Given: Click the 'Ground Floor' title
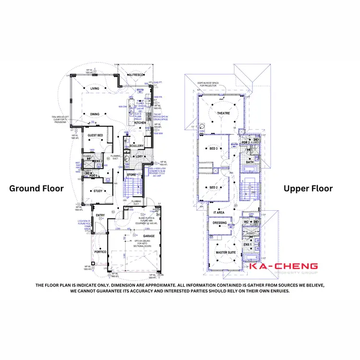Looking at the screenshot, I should click(36, 189).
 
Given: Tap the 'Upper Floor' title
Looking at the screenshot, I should click(308, 189).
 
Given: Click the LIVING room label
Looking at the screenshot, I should click(95, 89).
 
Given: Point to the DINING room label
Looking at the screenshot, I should click(95, 114).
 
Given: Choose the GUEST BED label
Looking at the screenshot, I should click(95, 136).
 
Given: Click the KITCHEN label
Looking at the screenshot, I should click(140, 123).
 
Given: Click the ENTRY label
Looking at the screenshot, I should click(100, 215).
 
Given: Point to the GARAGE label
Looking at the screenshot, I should click(149, 236).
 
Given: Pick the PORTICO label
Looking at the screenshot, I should click(100, 252).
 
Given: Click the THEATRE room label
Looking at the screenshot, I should click(224, 114).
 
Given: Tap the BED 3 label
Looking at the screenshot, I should click(214, 149).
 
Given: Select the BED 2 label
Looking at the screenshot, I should click(214, 188).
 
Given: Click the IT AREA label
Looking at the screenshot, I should click(219, 212).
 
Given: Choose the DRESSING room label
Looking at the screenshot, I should click(219, 223).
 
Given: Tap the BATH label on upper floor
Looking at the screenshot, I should click(250, 162).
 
